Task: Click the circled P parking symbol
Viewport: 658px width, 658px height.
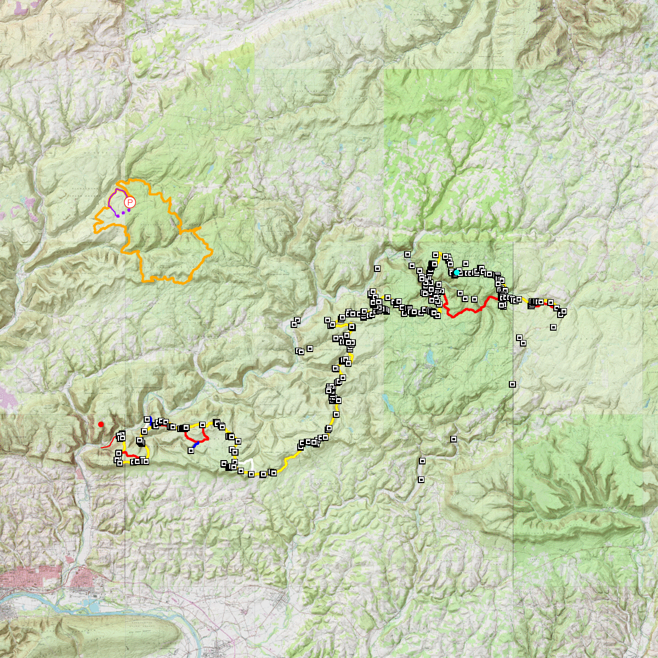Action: click(130, 203)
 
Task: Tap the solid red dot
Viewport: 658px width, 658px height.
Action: click(101, 424)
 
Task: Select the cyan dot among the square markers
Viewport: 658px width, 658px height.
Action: click(456, 272)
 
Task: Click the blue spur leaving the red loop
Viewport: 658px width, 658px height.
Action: click(195, 446)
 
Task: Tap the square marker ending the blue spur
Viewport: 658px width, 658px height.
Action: click(191, 451)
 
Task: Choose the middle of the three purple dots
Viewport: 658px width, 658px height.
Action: click(123, 213)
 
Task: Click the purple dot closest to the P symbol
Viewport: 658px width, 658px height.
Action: click(128, 210)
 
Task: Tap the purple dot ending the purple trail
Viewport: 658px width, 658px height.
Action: click(117, 215)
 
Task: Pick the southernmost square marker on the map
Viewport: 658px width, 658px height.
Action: click(421, 480)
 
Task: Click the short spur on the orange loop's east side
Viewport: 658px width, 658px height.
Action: click(192, 228)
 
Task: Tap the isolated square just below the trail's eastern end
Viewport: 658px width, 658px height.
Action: click(553, 327)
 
